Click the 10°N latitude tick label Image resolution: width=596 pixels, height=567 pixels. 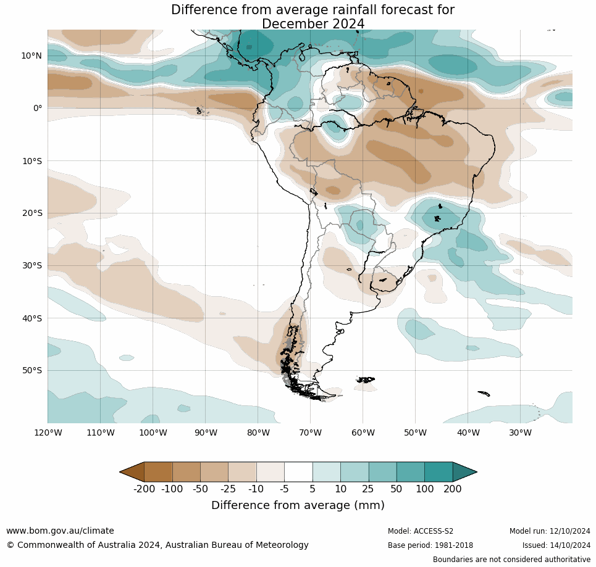tap(31, 56)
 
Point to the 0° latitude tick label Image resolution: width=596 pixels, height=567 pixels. tap(38, 108)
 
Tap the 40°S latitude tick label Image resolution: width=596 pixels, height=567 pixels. tap(31, 318)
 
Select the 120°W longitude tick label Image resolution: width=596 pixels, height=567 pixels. tap(48, 432)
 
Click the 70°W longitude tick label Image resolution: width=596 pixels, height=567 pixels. tap(310, 432)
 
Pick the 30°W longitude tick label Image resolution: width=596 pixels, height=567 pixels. tap(520, 432)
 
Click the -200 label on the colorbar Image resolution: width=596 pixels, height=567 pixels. tap(145, 489)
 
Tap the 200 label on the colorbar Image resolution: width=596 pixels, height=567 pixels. tap(452, 489)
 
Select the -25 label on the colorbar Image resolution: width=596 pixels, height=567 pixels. tap(229, 489)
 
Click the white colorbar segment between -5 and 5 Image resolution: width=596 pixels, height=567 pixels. tap(298, 472)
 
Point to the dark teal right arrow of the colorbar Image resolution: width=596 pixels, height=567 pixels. tap(464, 472)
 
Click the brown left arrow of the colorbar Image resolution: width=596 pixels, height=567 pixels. tap(132, 472)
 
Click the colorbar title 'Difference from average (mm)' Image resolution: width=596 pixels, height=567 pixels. tap(298, 505)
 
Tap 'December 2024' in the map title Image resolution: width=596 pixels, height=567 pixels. tap(313, 24)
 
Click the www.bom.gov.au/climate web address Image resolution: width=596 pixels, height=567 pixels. tap(60, 531)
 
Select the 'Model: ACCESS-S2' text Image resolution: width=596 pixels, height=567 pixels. tap(421, 531)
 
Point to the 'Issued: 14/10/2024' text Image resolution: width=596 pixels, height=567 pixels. tap(556, 545)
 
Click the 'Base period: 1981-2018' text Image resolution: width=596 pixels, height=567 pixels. tap(430, 545)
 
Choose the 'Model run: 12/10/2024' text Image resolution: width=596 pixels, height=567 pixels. tap(550, 531)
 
